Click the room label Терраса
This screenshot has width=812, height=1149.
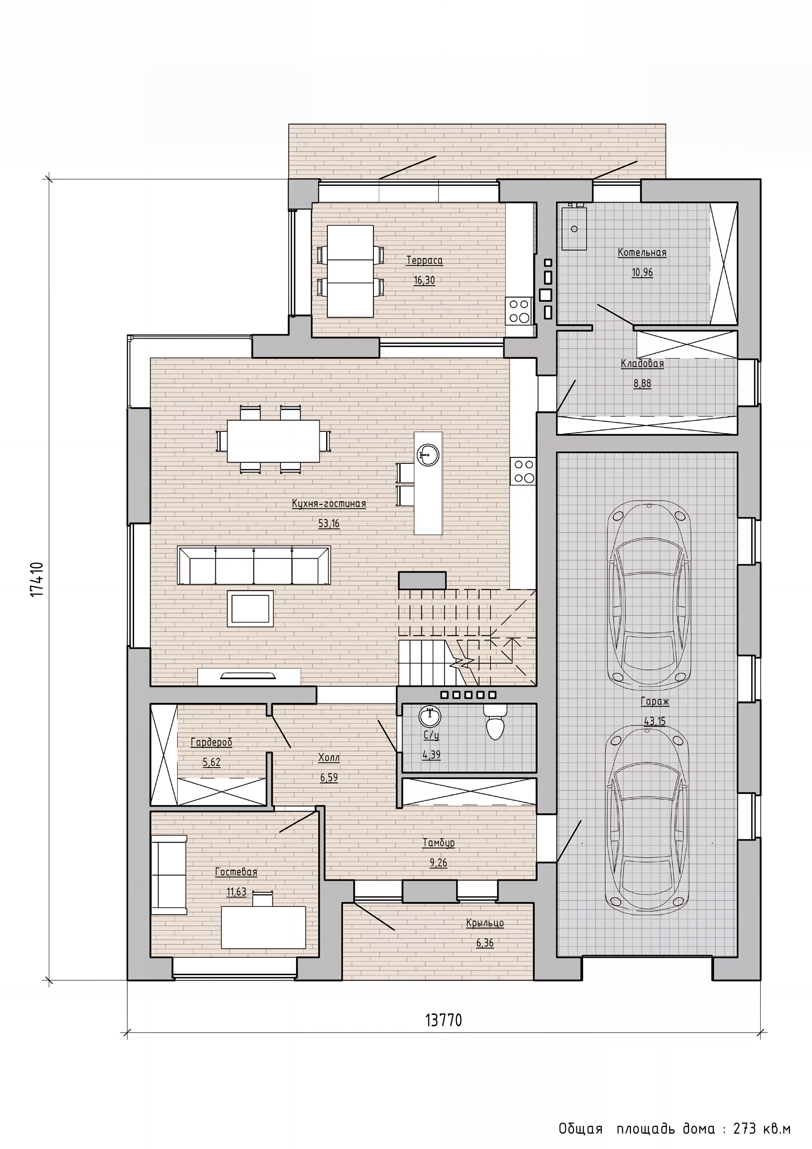point(425,260)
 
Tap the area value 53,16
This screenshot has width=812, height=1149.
point(329,524)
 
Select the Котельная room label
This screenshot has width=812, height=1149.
point(642,252)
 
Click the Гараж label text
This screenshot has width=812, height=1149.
point(655,701)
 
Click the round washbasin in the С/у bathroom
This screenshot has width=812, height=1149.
point(430,716)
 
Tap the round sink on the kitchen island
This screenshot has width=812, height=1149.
point(428,455)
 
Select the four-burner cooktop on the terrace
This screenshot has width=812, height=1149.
point(519,311)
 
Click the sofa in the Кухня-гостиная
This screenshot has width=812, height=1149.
point(254,565)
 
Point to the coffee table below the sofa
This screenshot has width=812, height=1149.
point(250,609)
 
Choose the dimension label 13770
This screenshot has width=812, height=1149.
point(444,1017)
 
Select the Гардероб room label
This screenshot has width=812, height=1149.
point(211,742)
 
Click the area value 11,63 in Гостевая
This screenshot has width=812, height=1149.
point(236,892)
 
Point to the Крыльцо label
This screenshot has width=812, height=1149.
point(485,923)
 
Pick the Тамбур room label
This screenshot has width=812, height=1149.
point(439,843)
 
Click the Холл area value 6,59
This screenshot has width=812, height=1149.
point(329,778)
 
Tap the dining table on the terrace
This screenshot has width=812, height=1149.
point(351,271)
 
